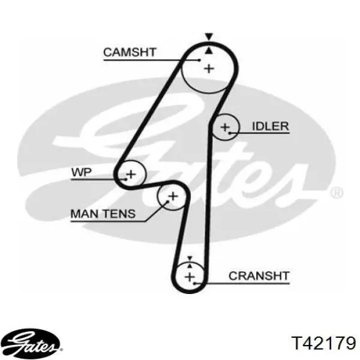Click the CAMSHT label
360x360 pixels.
click(130, 52)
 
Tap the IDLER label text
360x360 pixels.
click(270, 126)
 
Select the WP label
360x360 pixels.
click(82, 172)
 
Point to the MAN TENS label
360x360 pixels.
click(103, 214)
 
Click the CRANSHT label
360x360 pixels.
click(259, 276)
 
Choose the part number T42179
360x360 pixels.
click(323, 343)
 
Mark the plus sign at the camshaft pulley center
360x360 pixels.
click(209, 68)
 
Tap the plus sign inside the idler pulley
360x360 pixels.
click(225, 127)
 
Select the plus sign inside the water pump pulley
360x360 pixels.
click(131, 174)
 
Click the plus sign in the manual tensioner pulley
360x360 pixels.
click(173, 196)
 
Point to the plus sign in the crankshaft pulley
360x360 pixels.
click(190, 277)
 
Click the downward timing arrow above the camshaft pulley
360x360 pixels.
click(209, 37)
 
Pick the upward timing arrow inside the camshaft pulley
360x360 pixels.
click(209, 51)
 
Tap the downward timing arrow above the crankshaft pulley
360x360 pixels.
click(190, 258)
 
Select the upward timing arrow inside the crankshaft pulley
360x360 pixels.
click(190, 266)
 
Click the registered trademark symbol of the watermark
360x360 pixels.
click(337, 193)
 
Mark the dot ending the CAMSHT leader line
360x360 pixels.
click(200, 60)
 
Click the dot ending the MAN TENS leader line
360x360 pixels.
click(168, 202)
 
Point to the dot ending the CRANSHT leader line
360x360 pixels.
click(194, 284)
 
